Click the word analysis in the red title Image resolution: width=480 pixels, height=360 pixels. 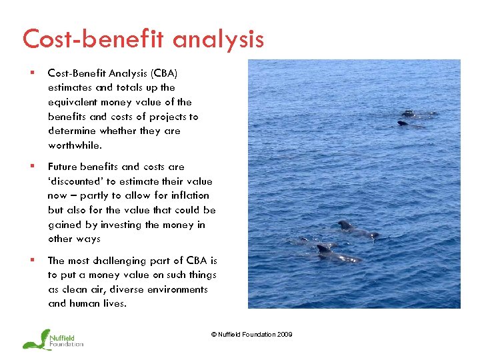[217, 39]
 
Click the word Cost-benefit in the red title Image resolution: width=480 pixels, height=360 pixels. [94, 39]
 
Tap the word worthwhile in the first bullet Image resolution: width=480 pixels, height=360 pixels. [74, 145]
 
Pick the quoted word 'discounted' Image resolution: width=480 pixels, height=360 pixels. [74, 181]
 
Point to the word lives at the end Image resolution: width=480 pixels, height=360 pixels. [114, 304]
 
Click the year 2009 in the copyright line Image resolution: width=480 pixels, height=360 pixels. [283, 335]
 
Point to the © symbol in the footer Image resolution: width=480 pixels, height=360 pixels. [214, 335]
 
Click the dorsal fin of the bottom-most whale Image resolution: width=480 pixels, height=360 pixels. [325, 247]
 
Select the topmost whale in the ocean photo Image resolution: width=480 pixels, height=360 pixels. [409, 113]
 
